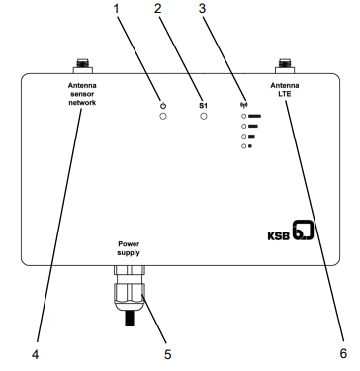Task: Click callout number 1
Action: pos(116,9)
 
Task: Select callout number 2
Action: pos(158,9)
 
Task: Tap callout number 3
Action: pos(202,9)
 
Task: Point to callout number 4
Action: pos(35,355)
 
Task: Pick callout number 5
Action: pos(168,355)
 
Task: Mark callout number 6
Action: pos(343,353)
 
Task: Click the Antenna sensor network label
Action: pos(82,94)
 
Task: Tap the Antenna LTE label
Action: pos(285,90)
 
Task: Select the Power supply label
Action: pos(129,248)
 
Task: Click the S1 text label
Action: pos(204,106)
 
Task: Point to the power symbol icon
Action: pos(163,106)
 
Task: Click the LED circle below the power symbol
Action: pos(163,116)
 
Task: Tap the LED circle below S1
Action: pos(204,116)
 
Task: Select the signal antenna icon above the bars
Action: pos(244,106)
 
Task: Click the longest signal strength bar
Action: pos(254,116)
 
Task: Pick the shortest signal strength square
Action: pos(250,146)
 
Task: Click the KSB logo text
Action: pos(278,236)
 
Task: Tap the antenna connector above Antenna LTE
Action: pos(285,66)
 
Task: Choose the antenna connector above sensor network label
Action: pos(82,66)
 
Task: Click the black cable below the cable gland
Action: pos(131,318)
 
